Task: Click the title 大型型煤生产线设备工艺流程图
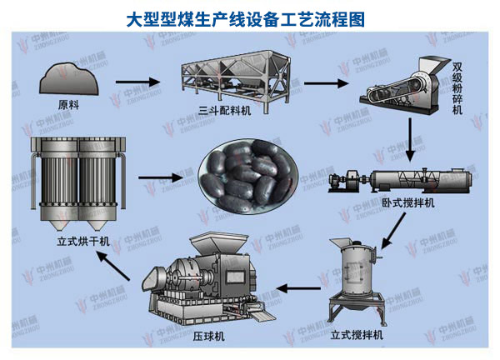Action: point(250,16)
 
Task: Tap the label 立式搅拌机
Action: point(356,335)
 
